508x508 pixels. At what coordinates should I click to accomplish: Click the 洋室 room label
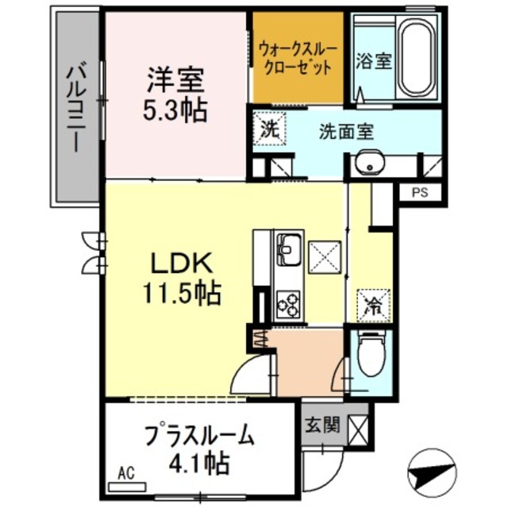click(x=175, y=79)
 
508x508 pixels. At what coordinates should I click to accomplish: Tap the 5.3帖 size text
click(x=175, y=110)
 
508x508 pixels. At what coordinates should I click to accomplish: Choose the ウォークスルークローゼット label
click(x=298, y=59)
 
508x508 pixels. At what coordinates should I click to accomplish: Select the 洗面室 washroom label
click(x=346, y=130)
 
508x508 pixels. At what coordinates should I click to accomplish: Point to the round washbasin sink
click(x=368, y=162)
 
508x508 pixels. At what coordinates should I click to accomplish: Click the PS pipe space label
click(x=418, y=192)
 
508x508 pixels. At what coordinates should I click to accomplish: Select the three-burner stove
click(x=287, y=303)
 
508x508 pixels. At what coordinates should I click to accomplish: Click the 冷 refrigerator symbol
click(x=371, y=305)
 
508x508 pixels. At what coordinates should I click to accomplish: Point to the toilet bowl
click(x=371, y=355)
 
